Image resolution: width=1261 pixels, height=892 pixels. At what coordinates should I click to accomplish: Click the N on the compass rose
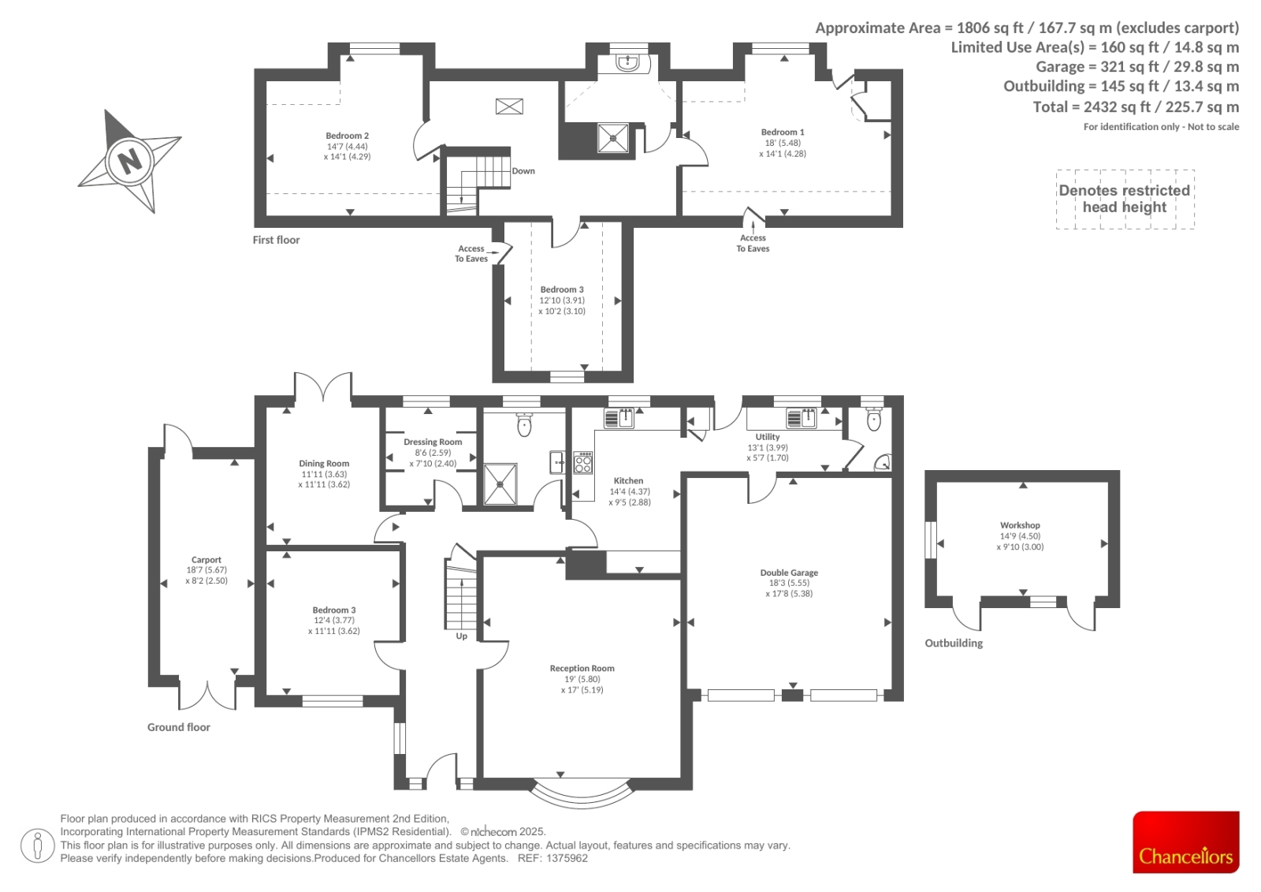coord(130,161)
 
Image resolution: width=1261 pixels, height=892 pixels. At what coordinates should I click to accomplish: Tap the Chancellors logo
coord(1185,842)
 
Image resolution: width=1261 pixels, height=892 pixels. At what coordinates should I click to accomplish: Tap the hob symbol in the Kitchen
coord(583,462)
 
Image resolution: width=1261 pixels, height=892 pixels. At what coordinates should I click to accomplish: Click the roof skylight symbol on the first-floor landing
coord(509,106)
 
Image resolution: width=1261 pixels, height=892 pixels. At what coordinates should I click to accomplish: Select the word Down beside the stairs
coord(523,170)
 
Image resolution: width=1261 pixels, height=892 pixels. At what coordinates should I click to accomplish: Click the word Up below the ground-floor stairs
coord(462,636)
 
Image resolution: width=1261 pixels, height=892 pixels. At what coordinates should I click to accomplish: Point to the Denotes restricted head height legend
coord(1125,199)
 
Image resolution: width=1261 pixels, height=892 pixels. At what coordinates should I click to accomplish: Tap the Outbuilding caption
coord(954,643)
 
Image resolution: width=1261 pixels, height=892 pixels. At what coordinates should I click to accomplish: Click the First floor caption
coord(276,240)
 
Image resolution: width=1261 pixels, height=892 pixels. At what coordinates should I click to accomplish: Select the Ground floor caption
coord(178,727)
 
